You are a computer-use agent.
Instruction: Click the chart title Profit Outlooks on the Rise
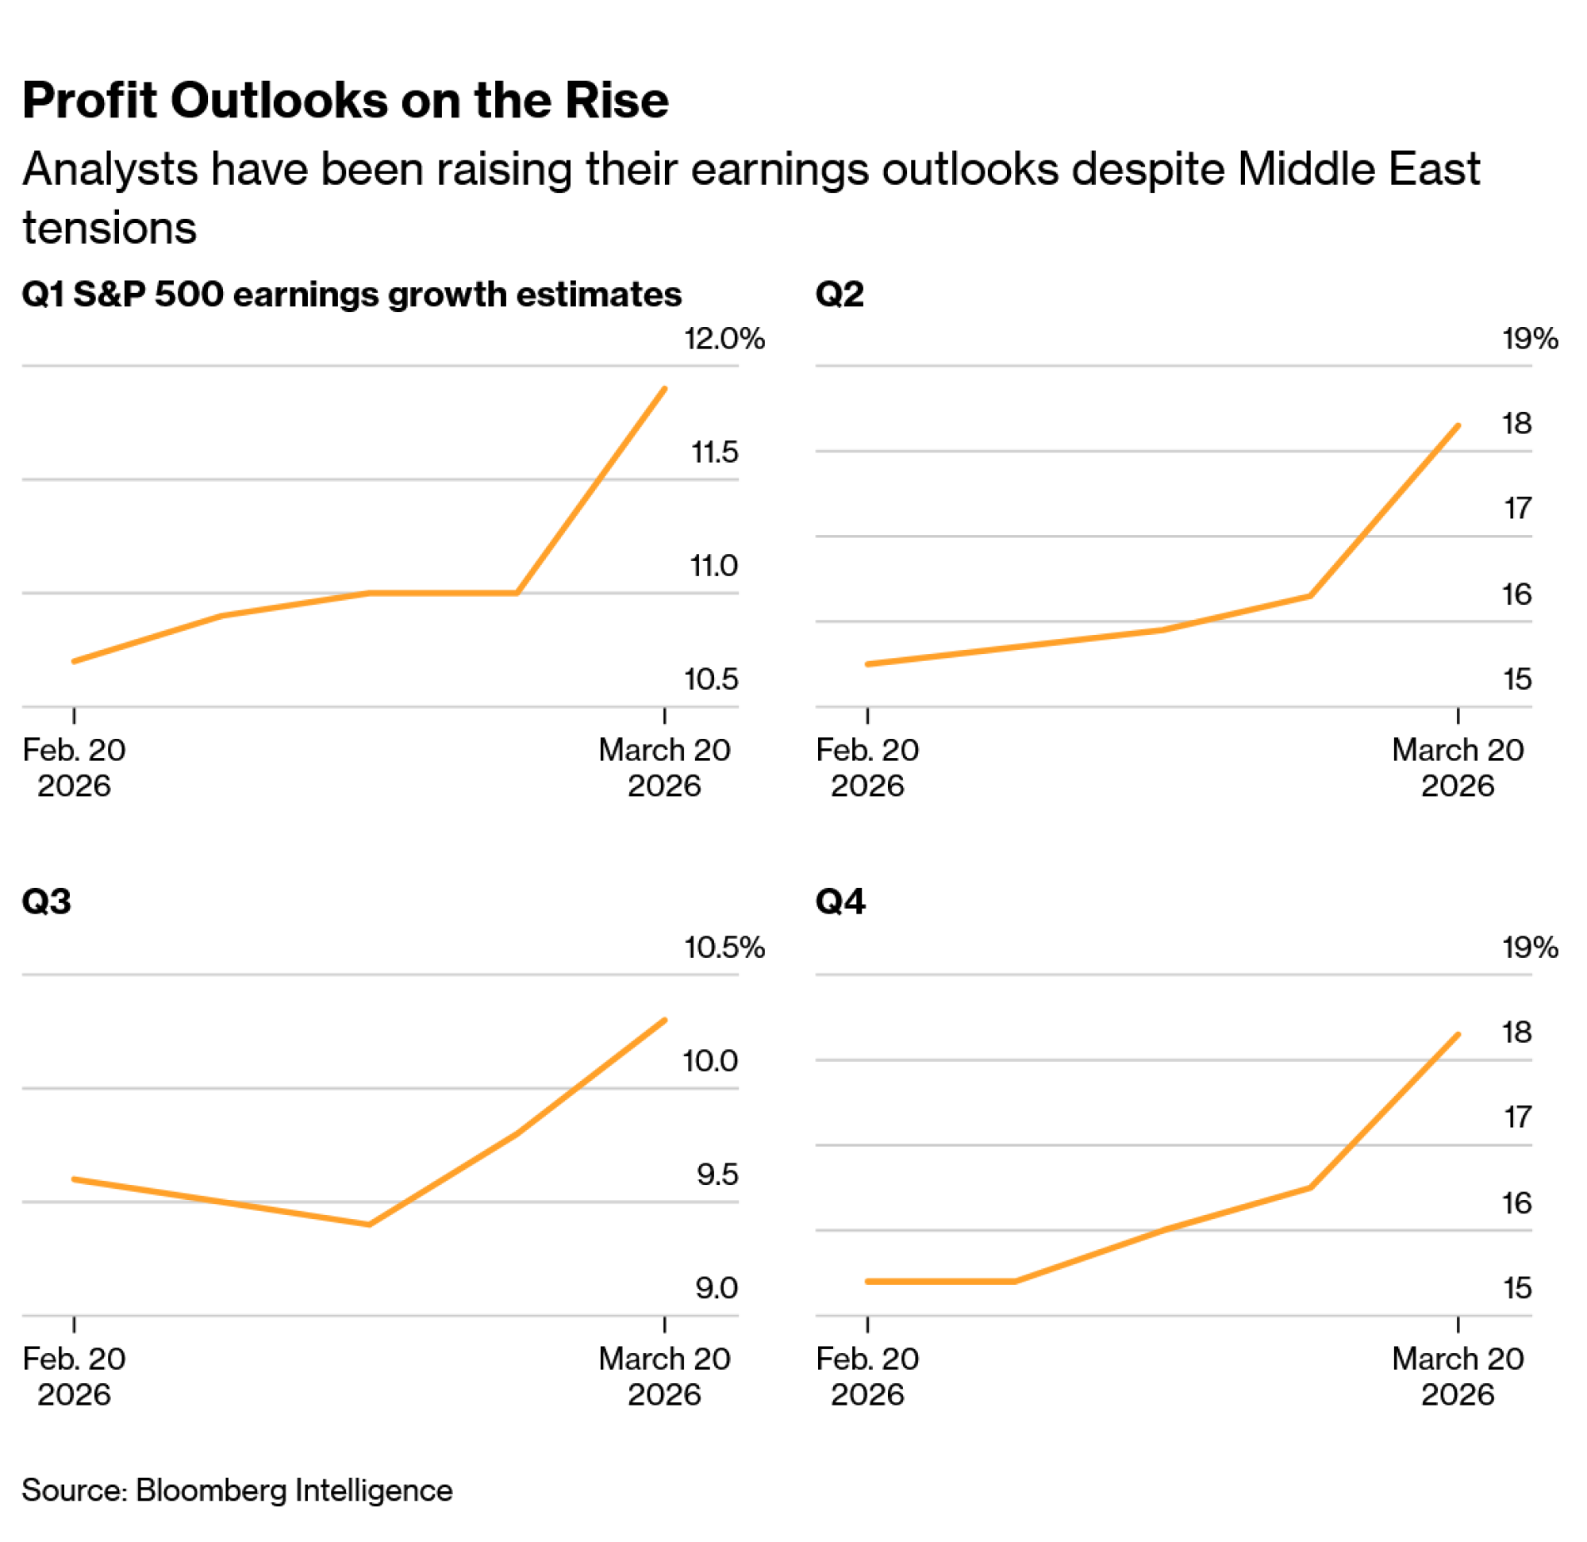[345, 101]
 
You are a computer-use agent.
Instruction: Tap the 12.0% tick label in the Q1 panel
[724, 339]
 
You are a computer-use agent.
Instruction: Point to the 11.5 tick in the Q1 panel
[714, 452]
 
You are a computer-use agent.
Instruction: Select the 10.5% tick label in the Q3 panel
[724, 947]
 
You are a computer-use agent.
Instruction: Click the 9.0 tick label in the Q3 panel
[717, 1288]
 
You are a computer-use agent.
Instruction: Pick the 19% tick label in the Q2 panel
[1530, 339]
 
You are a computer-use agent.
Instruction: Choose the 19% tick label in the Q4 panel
[1530, 947]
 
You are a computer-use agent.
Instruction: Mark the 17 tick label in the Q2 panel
[1517, 509]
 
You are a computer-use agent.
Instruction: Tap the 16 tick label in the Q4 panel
[1516, 1202]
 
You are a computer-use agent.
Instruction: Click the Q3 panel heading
[46, 902]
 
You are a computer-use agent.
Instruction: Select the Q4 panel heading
[840, 902]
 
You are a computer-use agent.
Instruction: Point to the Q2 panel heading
[840, 293]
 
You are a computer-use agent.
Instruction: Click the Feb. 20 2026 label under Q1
[74, 767]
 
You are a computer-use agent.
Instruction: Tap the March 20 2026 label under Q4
[1458, 1376]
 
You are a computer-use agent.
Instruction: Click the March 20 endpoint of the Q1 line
[665, 389]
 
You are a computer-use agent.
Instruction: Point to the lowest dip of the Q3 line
[369, 1225]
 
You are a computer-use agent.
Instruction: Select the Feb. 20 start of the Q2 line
[867, 664]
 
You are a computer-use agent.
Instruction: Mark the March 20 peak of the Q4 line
[1458, 1034]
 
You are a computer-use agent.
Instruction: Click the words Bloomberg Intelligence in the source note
[294, 1490]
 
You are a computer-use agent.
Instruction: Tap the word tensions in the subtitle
[110, 228]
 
